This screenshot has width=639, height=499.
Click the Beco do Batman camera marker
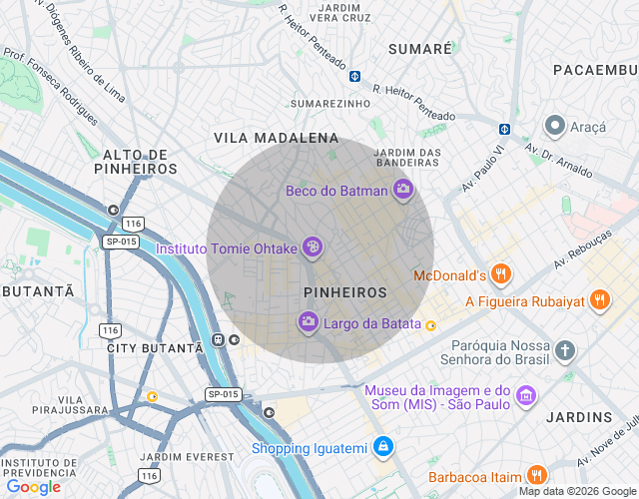pos(403,190)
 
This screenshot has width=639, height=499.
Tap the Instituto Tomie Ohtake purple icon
pos(313,247)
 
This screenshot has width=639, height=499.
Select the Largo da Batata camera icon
pos(309,321)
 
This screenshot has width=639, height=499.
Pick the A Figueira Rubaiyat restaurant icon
pos(599,299)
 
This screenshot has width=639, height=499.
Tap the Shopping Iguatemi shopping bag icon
pos(381,447)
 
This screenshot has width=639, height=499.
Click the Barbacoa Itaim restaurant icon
pos(537,476)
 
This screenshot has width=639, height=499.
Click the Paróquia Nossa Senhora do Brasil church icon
pos(565,350)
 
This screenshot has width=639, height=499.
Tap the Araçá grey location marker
pos(554,126)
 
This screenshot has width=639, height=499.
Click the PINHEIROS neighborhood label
pos(344,292)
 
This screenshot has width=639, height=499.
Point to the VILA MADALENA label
pos(276,138)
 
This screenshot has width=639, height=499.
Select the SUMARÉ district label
pos(419,49)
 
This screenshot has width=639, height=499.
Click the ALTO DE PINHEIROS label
pos(135,162)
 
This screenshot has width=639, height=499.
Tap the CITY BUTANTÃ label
pos(155,348)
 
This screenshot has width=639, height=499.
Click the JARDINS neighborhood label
pos(586,416)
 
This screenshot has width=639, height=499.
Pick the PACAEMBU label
pos(595,69)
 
